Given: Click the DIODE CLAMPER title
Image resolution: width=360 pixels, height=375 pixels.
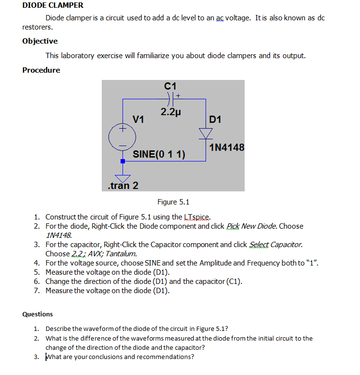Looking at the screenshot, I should (x=53, y=5).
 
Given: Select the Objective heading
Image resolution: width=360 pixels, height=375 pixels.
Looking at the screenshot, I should (x=40, y=41).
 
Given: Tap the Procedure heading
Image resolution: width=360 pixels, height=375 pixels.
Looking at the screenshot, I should (x=41, y=70).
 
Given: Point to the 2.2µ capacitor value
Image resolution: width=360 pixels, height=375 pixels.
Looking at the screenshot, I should (x=171, y=112).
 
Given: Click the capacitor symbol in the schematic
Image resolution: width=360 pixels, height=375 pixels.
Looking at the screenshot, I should (x=170, y=99).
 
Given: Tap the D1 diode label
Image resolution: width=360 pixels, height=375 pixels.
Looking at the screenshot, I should (x=215, y=119).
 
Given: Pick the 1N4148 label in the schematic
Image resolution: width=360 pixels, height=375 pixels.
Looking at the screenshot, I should (x=227, y=147).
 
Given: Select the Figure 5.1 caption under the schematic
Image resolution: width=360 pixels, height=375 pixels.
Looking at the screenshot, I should (x=173, y=202).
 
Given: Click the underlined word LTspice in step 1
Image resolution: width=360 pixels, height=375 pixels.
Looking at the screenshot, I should (x=199, y=217).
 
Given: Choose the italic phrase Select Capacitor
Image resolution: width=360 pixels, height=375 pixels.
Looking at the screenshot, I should (x=276, y=244).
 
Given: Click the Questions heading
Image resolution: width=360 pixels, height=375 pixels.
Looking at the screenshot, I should (x=38, y=314).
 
